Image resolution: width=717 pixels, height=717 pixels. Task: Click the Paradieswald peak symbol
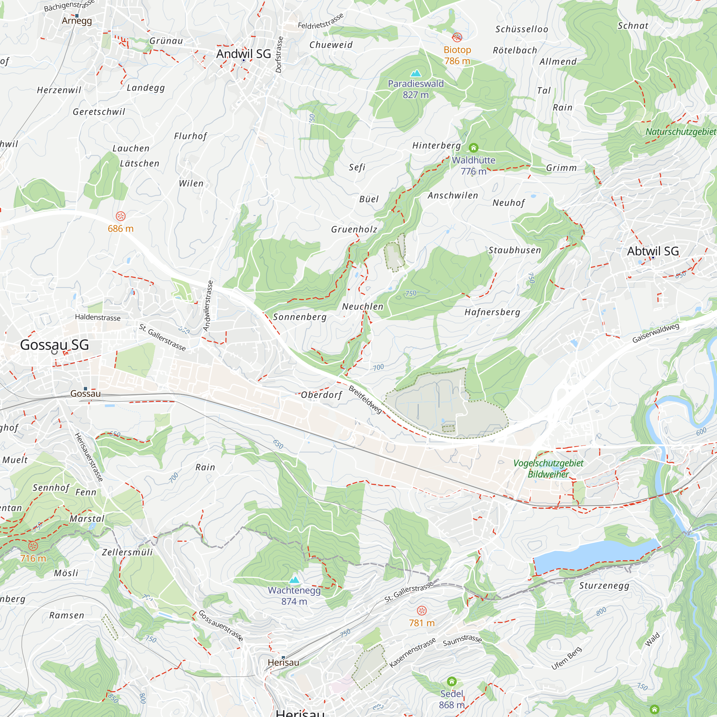point(416,73)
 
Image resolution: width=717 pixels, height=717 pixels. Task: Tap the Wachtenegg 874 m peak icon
point(294,580)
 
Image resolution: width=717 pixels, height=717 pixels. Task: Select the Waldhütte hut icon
point(473,148)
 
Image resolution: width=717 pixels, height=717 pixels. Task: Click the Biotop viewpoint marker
point(457,37)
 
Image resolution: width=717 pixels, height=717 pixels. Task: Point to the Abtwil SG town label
point(653,251)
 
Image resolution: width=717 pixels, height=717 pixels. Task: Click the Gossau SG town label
point(54,345)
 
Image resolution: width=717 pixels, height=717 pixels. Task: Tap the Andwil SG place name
point(243,54)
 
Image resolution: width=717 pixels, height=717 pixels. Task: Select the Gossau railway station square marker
point(85,389)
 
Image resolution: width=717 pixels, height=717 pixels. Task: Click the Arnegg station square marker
point(77,15)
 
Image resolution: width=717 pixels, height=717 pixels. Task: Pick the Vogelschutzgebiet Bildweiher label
point(548,468)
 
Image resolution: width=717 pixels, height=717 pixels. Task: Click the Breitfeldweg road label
point(365,399)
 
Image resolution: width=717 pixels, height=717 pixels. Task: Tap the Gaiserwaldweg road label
point(656,333)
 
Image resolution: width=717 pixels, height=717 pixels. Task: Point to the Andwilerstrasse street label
point(208,306)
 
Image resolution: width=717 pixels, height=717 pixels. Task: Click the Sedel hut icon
point(452,682)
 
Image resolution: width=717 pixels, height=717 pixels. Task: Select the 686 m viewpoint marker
point(120,216)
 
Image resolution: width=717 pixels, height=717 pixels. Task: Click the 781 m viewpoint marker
point(422,611)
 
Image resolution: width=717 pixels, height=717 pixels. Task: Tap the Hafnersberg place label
point(492,312)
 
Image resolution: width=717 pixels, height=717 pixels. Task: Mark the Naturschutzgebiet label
point(681,132)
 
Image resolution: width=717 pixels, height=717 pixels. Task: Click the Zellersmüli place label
point(127,552)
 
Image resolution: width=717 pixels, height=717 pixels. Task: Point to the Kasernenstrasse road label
point(412,653)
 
